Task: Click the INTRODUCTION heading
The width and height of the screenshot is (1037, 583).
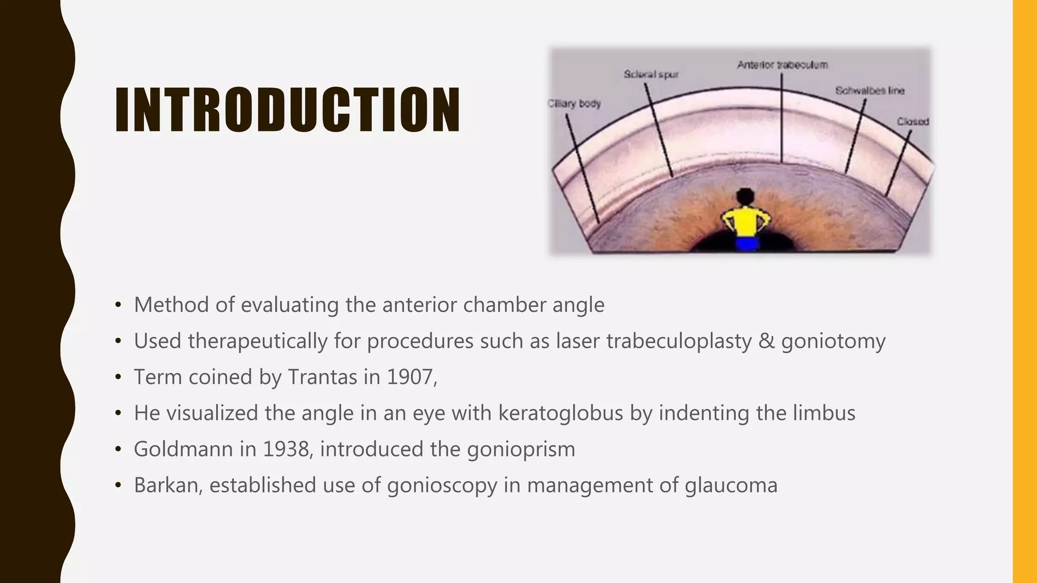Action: point(287,110)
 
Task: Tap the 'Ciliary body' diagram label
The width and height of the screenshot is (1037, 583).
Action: point(574,104)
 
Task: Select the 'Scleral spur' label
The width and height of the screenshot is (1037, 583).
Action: point(651,74)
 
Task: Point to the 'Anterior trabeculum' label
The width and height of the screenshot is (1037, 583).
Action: point(782,65)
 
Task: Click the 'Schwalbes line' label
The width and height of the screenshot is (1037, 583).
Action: point(869,91)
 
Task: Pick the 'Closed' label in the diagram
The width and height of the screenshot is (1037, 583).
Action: point(913,121)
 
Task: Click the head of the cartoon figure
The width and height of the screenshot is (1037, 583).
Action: point(745,196)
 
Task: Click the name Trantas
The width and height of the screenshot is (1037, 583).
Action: point(323,377)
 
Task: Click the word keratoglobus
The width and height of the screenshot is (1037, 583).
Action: point(561,413)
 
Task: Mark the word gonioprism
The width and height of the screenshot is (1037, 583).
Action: point(521,449)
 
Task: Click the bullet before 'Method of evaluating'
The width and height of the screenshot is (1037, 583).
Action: point(118,305)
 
